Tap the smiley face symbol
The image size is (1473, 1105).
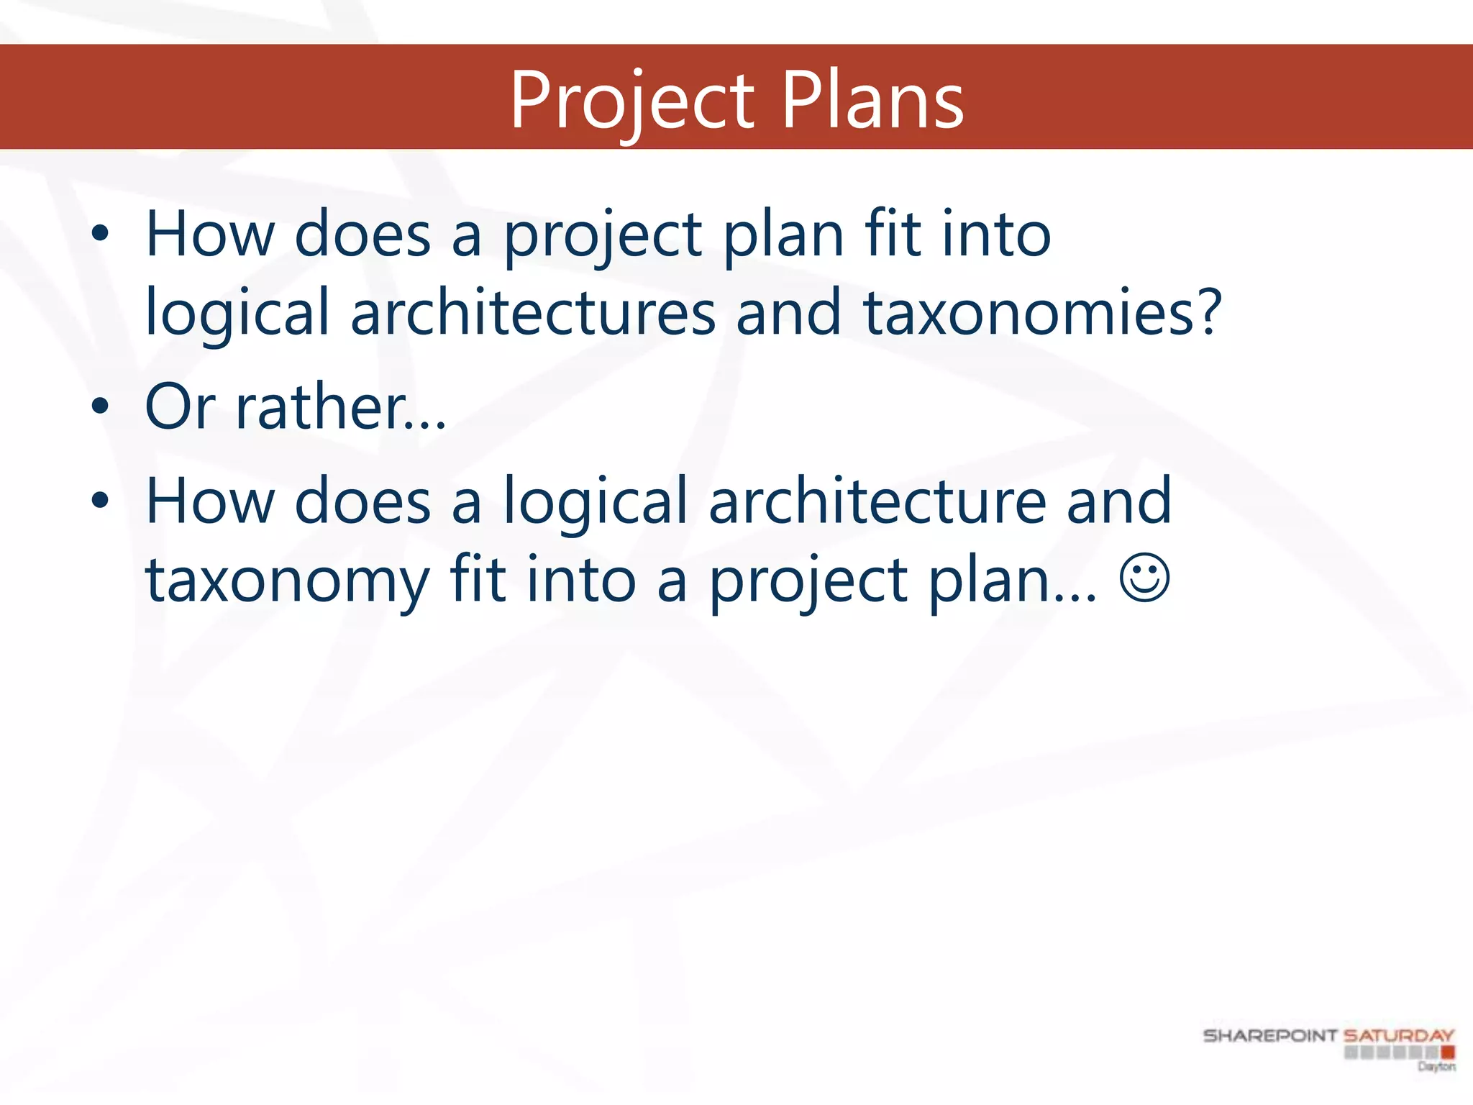click(1144, 578)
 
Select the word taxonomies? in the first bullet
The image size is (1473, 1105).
click(1042, 312)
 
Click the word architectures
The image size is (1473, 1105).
click(533, 312)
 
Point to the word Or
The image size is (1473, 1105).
click(180, 406)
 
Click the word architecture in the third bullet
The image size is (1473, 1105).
click(877, 501)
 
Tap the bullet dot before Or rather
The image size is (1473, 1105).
click(100, 406)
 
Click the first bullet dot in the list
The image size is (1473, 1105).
click(100, 234)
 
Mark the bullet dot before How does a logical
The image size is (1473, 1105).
click(100, 501)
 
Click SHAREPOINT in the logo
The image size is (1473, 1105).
click(1269, 1036)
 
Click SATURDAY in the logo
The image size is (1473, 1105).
click(1398, 1036)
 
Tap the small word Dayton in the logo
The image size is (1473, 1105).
click(1436, 1066)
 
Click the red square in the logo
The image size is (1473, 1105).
click(1447, 1052)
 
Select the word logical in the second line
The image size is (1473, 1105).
click(237, 314)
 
